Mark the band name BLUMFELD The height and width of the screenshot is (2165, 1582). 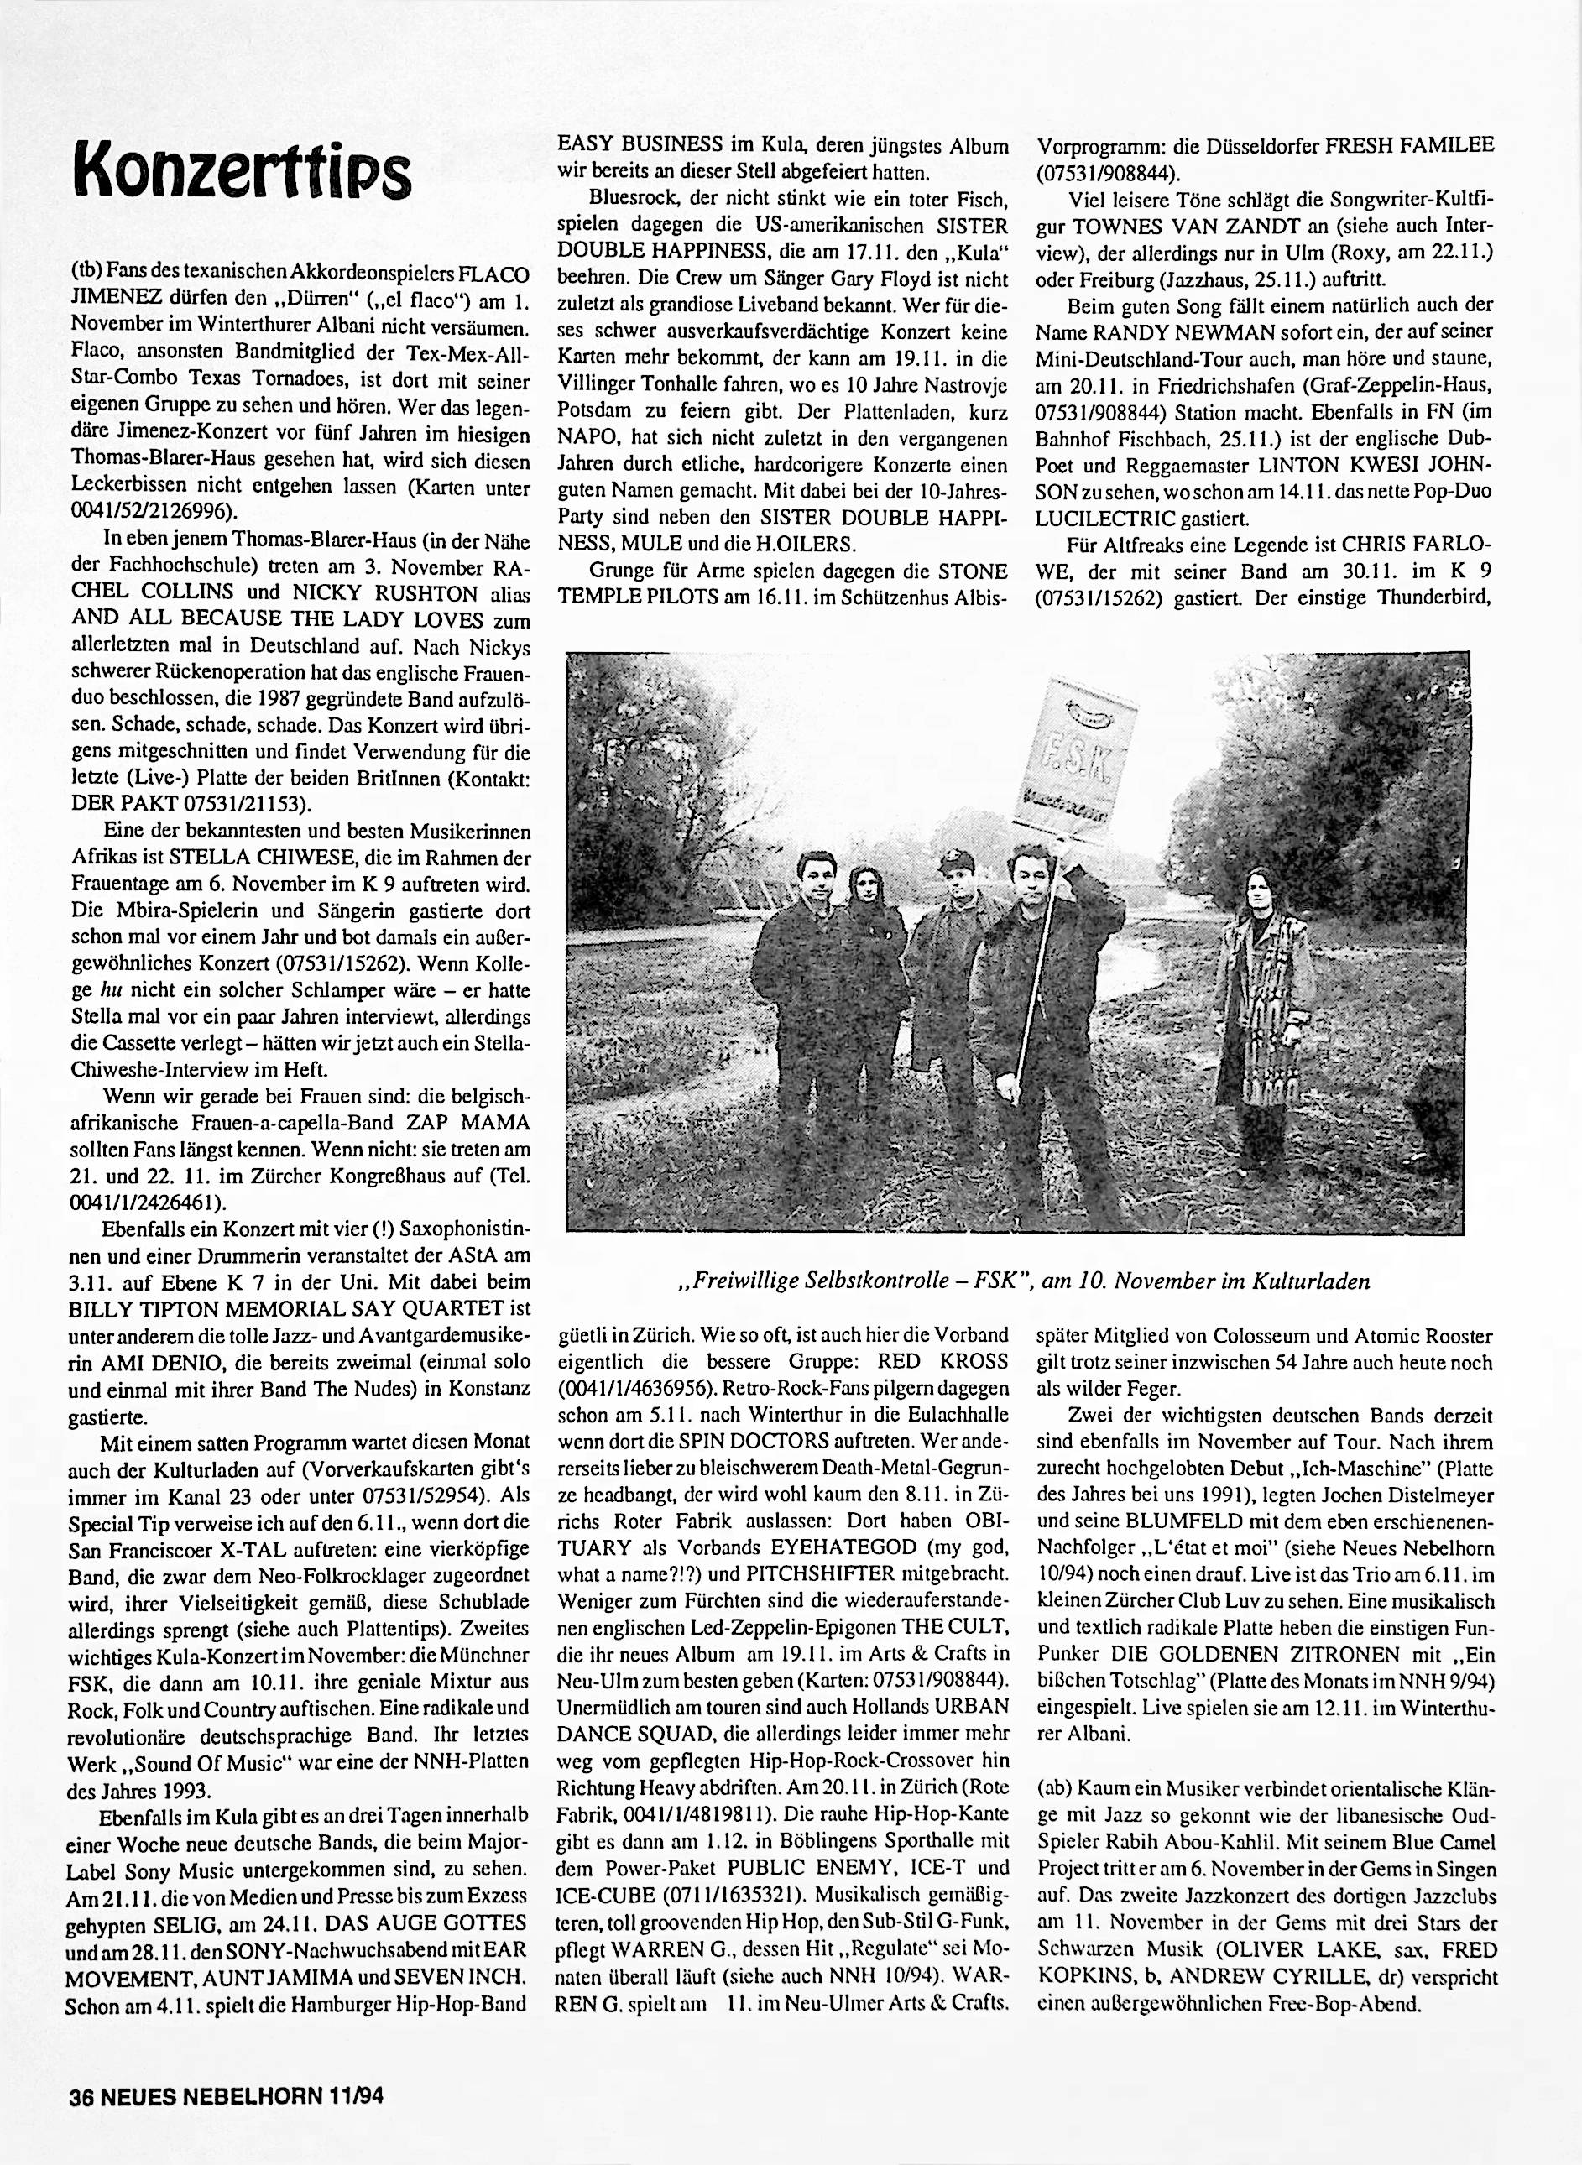coord(1182,1521)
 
